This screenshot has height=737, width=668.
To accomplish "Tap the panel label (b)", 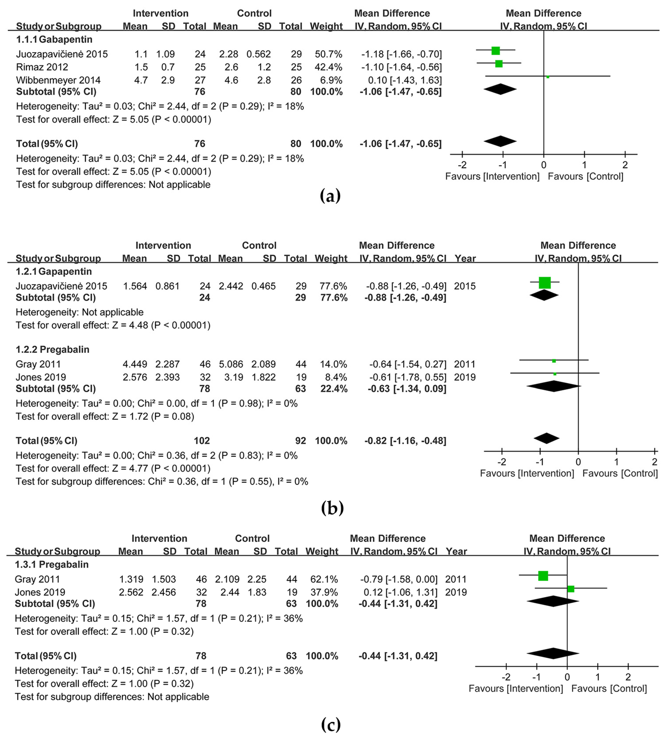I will pyautogui.click(x=332, y=508).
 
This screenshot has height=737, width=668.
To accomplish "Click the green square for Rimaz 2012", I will pyautogui.click(x=499, y=64).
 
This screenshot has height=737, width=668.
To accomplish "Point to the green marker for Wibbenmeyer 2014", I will pyautogui.click(x=547, y=77).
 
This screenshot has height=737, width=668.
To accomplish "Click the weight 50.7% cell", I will pyautogui.click(x=328, y=54).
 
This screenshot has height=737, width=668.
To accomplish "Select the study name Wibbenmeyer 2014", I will pyautogui.click(x=58, y=80).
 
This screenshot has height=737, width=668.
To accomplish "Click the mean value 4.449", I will pyautogui.click(x=135, y=364).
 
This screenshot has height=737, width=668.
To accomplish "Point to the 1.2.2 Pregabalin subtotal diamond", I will pyautogui.click(x=553, y=386).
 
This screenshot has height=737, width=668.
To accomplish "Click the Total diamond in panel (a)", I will pyautogui.click(x=500, y=141).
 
